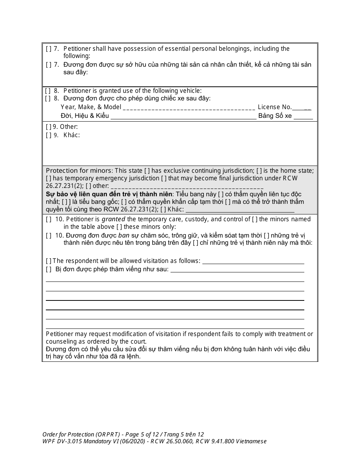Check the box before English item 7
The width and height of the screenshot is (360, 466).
(x=49, y=48)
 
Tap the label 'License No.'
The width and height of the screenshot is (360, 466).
(x=275, y=107)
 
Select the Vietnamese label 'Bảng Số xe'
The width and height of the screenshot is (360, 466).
(x=275, y=116)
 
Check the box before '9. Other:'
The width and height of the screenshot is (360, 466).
(x=49, y=127)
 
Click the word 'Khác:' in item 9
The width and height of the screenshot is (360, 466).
(x=72, y=135)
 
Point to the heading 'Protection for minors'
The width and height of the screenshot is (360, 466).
(x=79, y=170)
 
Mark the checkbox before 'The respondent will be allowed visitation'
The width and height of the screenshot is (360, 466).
(x=49, y=261)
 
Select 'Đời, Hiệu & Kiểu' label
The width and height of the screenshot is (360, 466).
(x=85, y=116)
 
